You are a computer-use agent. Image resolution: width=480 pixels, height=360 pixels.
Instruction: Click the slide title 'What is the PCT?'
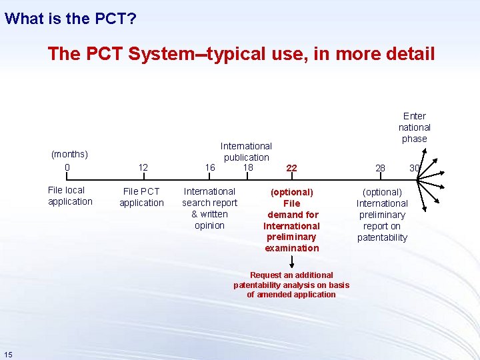tap(71, 18)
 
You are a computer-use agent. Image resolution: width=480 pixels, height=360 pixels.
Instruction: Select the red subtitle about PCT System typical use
tap(241, 53)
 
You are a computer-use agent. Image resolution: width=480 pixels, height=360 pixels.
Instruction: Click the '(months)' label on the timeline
tap(69, 155)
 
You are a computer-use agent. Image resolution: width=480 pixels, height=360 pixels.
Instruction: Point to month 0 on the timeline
tap(67, 167)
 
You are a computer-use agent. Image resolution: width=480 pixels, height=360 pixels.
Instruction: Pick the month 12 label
tap(143, 167)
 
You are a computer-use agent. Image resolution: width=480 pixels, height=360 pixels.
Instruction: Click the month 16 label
tap(210, 167)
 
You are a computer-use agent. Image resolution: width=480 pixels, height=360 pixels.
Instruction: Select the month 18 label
tap(248, 167)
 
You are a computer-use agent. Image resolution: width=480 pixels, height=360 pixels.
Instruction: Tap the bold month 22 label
tap(291, 169)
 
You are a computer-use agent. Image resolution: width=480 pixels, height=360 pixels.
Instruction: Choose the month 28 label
tap(380, 168)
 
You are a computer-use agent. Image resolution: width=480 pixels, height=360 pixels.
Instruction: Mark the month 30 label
tap(414, 168)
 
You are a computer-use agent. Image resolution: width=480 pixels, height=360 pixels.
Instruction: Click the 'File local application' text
tap(70, 196)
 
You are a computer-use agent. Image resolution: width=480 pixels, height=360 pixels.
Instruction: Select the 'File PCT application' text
tap(141, 197)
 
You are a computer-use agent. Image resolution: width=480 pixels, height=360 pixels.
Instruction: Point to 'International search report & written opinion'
tap(209, 208)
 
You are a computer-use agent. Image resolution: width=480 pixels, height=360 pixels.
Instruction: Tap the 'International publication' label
tap(246, 151)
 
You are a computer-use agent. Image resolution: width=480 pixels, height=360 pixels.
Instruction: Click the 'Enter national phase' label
tap(414, 127)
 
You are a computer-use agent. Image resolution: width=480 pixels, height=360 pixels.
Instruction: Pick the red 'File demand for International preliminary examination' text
tap(291, 220)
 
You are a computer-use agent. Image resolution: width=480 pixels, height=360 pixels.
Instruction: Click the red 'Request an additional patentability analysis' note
tap(291, 285)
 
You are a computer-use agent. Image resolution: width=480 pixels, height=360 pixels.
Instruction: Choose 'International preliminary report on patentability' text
tap(382, 215)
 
